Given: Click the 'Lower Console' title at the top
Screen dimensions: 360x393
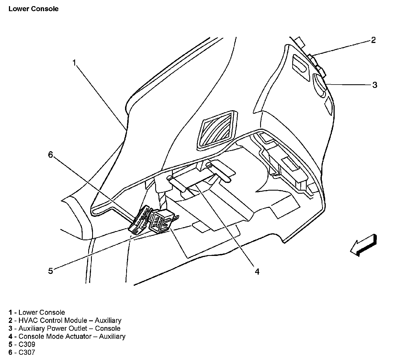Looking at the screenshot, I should [x=33, y=9].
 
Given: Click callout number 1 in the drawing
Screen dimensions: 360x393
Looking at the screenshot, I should [x=74, y=63].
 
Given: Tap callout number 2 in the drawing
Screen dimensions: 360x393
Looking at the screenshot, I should [x=373, y=40].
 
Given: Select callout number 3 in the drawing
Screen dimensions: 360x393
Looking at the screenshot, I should [x=375, y=85].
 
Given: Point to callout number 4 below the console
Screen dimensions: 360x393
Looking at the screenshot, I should [x=257, y=271].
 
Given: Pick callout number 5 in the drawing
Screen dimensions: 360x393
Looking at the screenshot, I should [x=51, y=271].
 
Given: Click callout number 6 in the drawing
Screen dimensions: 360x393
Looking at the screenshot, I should [x=51, y=154].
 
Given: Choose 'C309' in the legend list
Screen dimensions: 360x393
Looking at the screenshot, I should [x=27, y=344].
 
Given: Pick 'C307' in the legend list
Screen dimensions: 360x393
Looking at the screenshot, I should [x=27, y=352].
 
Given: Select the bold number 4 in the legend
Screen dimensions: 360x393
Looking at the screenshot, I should [x=10, y=337].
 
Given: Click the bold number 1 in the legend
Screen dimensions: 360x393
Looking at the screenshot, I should [x=10, y=312].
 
